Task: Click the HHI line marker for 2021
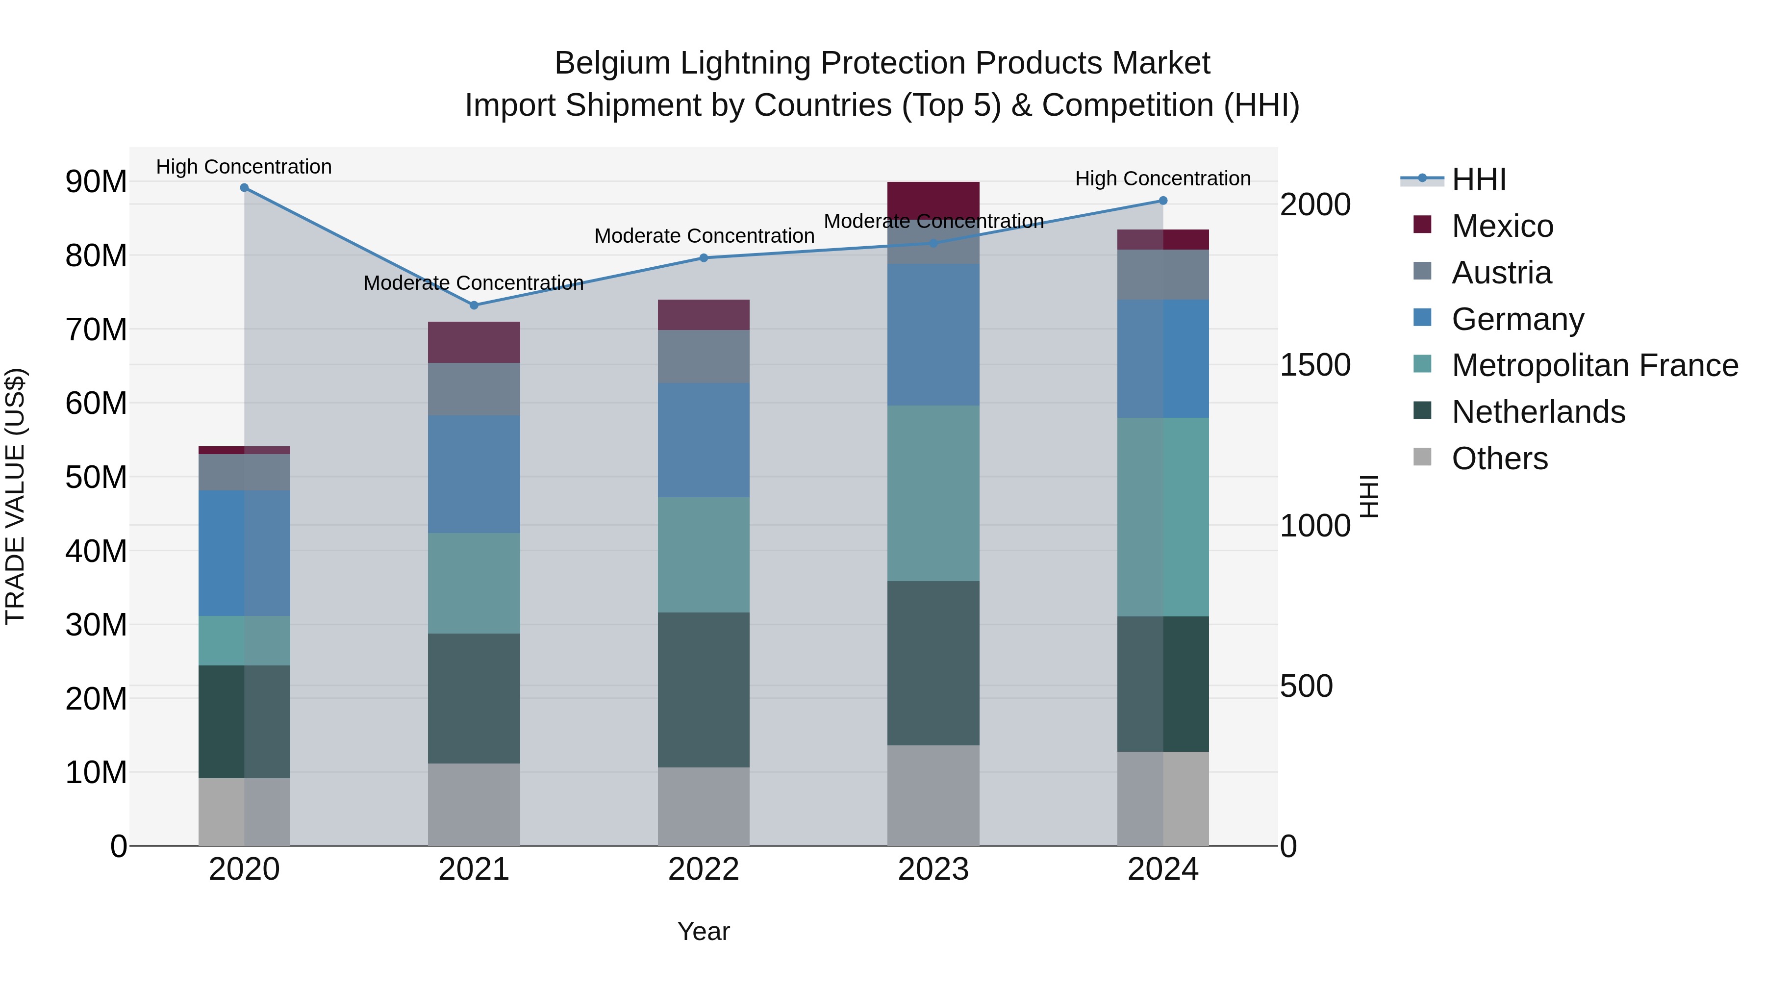[474, 305]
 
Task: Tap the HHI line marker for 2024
[1163, 201]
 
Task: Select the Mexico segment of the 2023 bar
[933, 199]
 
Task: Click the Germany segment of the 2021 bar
[474, 474]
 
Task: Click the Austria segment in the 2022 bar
[704, 356]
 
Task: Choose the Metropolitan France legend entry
[1594, 365]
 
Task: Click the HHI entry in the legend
[1479, 179]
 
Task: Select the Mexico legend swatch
[1422, 225]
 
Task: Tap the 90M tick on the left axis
[96, 181]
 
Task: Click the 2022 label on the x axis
[704, 869]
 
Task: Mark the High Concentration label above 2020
[244, 167]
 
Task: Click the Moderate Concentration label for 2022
[704, 236]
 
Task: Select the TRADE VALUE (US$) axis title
[15, 496]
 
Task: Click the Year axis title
[704, 931]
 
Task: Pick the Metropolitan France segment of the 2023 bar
[933, 493]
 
